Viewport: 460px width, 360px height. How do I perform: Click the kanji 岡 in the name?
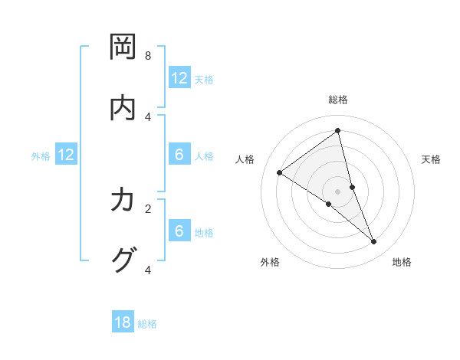coord(123,47)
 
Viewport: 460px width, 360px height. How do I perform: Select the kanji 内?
coord(123,108)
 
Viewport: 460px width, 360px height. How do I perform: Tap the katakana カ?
coord(123,200)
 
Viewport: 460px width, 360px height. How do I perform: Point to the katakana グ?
coord(123,260)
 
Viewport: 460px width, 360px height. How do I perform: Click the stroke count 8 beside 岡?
coord(148,56)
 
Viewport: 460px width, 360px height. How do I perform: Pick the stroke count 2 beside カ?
coord(148,208)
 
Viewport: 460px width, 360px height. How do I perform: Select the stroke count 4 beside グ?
coord(148,269)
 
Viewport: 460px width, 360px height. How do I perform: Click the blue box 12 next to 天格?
coord(179,78)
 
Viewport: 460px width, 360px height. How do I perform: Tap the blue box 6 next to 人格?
coord(179,155)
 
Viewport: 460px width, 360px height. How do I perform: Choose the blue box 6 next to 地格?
coord(179,232)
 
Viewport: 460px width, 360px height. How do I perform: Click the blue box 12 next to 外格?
coord(67,155)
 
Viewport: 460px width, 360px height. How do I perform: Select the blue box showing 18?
coord(123,322)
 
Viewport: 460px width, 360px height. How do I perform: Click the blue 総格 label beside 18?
coord(147,324)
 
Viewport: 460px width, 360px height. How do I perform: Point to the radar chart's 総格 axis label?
coord(338,100)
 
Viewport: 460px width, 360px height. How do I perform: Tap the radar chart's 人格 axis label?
coord(245,159)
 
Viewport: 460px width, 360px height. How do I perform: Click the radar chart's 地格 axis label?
coord(402,262)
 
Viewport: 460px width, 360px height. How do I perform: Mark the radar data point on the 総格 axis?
coord(338,130)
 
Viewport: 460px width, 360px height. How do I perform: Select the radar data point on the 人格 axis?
coord(280,172)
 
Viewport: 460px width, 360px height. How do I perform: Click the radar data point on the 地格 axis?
coord(374,241)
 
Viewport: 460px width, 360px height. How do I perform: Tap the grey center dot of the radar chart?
coord(338,191)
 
